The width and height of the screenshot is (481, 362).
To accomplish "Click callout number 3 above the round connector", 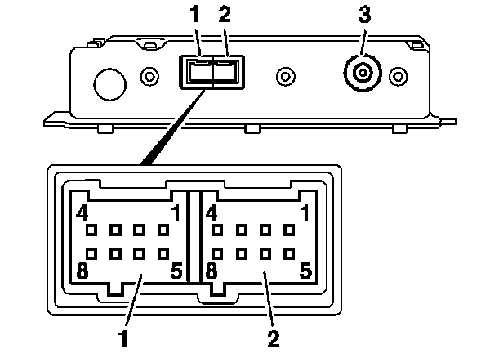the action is [364, 14].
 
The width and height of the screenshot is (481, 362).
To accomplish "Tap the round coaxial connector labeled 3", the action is [363, 73].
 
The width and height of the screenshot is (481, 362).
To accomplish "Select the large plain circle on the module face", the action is [109, 85].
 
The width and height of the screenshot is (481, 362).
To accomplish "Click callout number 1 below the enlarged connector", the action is [123, 338].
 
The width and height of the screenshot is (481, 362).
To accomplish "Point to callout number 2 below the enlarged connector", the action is [274, 338].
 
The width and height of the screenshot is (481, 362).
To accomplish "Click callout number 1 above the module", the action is [194, 14].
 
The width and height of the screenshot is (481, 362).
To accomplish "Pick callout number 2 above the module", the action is [225, 14].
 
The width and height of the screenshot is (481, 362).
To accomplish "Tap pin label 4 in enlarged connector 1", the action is [82, 213].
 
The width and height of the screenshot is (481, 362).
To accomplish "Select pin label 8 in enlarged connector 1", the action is [82, 270].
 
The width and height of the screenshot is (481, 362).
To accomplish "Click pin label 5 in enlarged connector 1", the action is [176, 270].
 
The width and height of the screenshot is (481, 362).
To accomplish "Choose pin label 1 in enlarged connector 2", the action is [305, 213].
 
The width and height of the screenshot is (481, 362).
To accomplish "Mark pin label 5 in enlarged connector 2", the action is [305, 270].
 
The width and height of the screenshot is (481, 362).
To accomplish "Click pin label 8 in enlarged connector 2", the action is [212, 270].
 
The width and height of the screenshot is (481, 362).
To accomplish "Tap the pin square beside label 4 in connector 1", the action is [91, 230].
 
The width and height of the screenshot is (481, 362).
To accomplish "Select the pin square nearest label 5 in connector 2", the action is [289, 254].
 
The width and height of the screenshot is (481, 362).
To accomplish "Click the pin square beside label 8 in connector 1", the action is [91, 254].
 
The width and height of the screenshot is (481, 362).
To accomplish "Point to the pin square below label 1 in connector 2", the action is [289, 230].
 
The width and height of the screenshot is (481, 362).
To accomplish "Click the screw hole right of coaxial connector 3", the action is [399, 76].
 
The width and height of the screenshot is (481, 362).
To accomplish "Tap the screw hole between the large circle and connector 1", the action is [149, 76].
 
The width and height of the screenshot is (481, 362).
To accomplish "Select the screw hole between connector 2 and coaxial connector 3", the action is [286, 76].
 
